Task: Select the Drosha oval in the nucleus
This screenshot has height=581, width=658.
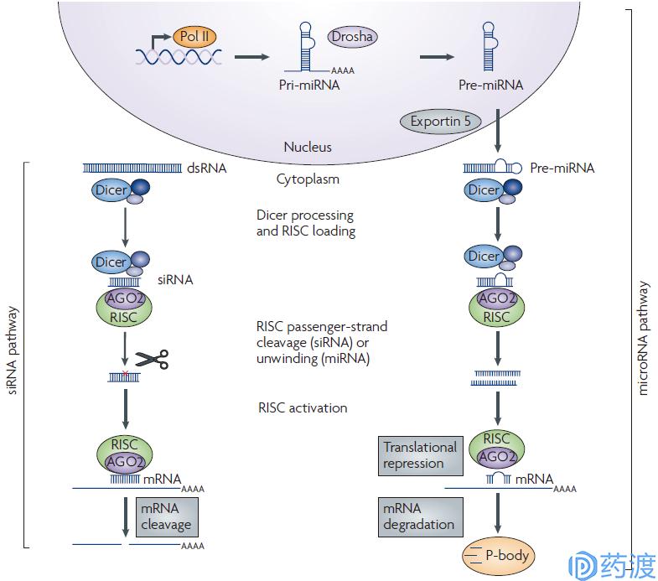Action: point(354,37)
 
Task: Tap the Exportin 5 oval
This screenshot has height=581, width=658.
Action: point(440,121)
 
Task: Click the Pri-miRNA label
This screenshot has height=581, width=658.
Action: point(309,85)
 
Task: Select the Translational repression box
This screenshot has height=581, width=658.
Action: point(419,455)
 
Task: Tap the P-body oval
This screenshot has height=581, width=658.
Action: point(499,554)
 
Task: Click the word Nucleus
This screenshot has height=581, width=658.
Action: point(308,147)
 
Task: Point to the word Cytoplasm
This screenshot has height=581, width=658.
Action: point(308,179)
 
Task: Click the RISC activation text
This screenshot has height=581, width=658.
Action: point(303,408)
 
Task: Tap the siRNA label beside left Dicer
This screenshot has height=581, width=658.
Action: point(175,280)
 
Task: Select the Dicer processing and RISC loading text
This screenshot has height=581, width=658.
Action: point(306,223)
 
